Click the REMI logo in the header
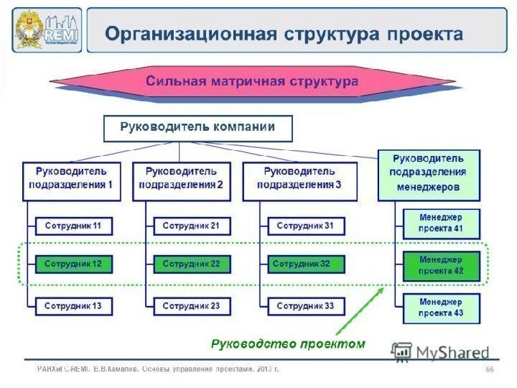(47, 30)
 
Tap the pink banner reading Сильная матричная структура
(251, 81)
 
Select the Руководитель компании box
(197, 129)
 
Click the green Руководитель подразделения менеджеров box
(428, 175)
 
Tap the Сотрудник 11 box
(73, 226)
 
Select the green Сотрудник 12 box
(73, 264)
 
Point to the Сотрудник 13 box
(73, 306)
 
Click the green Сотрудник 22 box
(191, 264)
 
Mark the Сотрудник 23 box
(191, 306)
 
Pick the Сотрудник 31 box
(305, 226)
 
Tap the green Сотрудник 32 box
(305, 264)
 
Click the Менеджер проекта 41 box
(441, 223)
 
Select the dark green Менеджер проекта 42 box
(441, 265)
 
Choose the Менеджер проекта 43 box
(441, 308)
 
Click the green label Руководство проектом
(287, 343)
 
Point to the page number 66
(490, 369)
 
